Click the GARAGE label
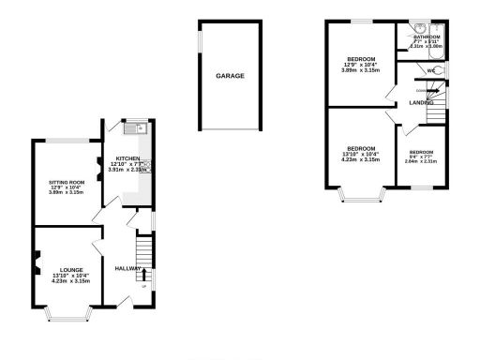point(230,75)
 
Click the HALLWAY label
point(127,268)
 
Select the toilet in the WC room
point(441,70)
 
